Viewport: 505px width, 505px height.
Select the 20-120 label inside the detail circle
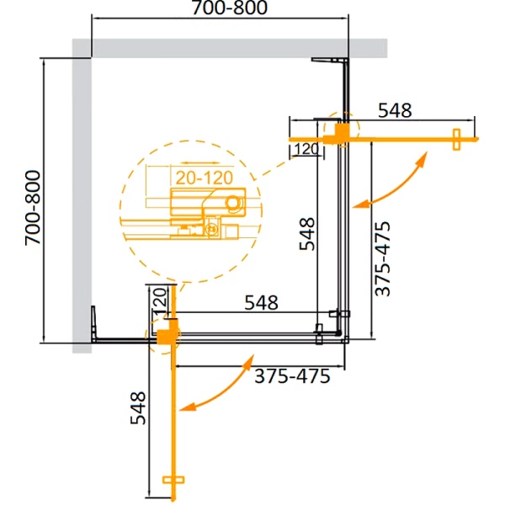pos(204,177)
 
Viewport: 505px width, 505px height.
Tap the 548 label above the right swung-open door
pos(393,110)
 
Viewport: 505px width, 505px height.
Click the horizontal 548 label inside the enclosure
pos(261,302)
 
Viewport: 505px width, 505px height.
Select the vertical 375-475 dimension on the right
pos(383,258)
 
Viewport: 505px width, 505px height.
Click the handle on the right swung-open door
pos(459,139)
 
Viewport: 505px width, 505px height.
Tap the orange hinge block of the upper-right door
pos(337,134)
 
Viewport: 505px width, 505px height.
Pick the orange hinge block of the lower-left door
pos(167,336)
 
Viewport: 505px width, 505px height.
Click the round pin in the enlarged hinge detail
pos(233,203)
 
